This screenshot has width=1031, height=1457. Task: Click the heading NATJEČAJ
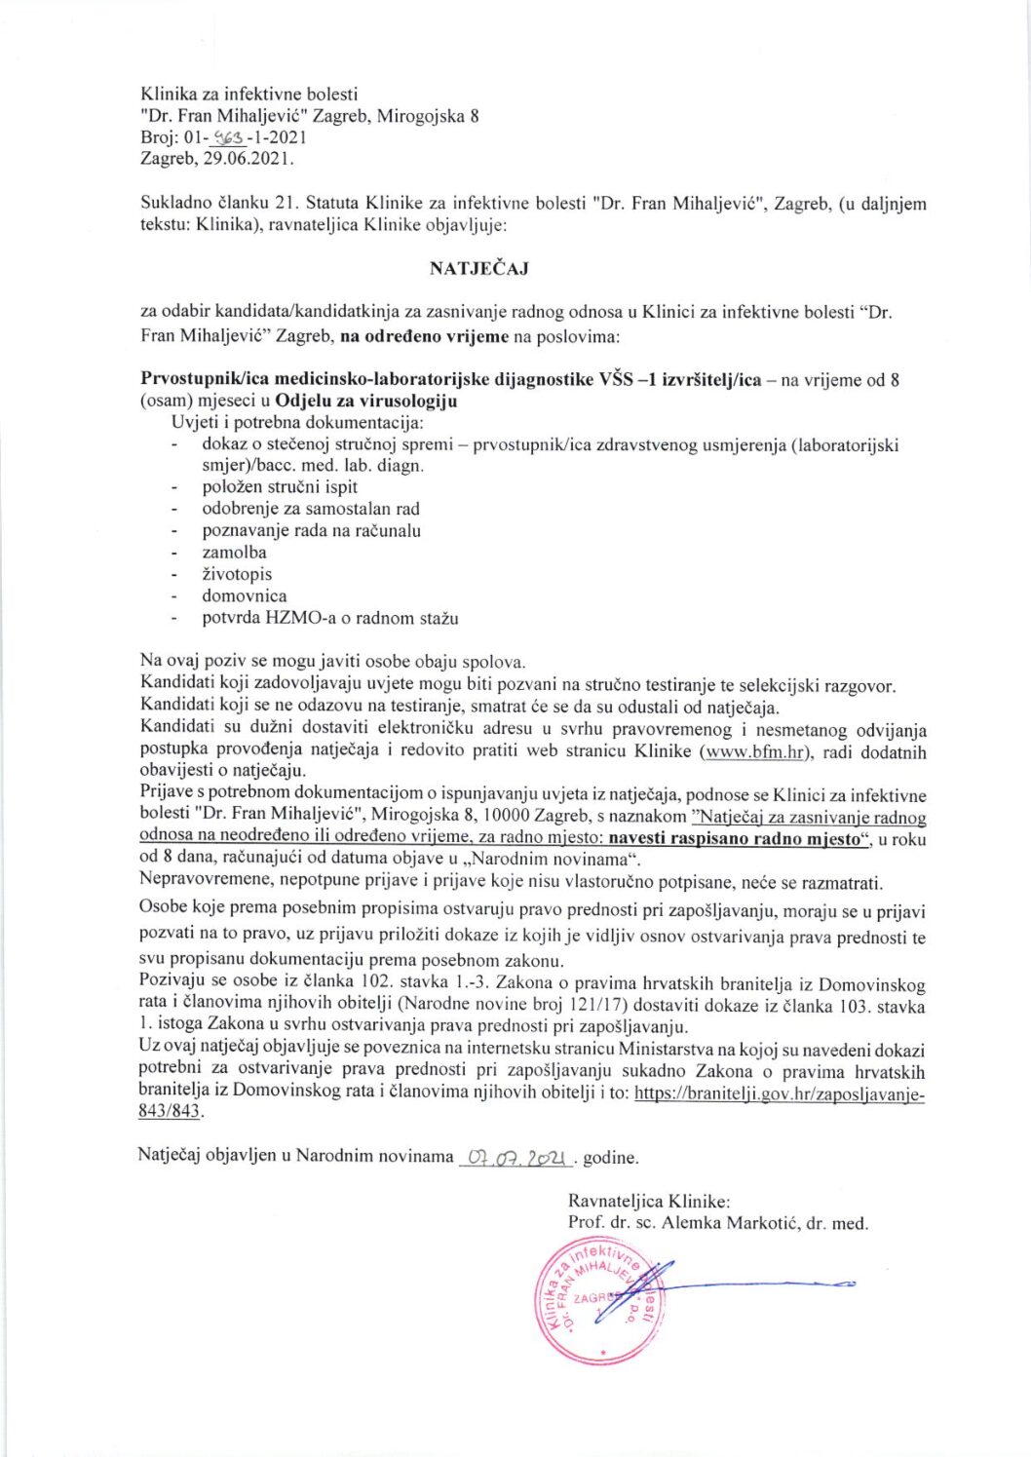pos(478,268)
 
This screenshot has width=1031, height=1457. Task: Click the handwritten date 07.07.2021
pos(516,1158)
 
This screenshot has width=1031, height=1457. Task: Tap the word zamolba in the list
pos(234,553)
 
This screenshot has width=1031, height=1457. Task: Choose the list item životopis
pos(237,574)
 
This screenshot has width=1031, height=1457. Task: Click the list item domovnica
pos(245,595)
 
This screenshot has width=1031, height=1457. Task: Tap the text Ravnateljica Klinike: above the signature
pos(649,1202)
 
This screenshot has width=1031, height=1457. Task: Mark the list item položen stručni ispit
pos(280,486)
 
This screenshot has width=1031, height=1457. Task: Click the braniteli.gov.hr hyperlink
pos(779,1093)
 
